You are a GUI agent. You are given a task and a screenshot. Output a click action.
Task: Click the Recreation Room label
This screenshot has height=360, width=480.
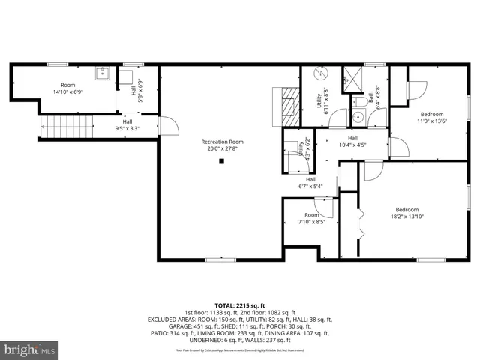(222, 142)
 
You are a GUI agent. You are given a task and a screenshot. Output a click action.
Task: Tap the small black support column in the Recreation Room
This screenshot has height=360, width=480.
(221, 160)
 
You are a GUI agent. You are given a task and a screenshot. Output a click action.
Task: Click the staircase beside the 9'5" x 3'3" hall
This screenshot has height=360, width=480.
(65, 128)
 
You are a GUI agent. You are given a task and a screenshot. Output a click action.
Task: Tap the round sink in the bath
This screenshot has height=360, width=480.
(358, 117)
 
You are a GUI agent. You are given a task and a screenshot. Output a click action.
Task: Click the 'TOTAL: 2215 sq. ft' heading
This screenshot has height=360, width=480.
(240, 305)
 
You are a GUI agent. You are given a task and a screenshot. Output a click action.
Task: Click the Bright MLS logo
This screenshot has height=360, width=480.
(29, 350)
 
